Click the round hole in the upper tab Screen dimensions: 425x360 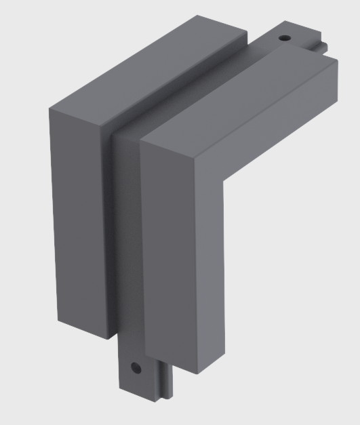[284, 38]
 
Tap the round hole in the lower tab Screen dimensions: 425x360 [137, 369]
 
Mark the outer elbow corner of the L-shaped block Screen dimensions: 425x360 [141, 143]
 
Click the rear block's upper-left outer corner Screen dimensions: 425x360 [48, 109]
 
